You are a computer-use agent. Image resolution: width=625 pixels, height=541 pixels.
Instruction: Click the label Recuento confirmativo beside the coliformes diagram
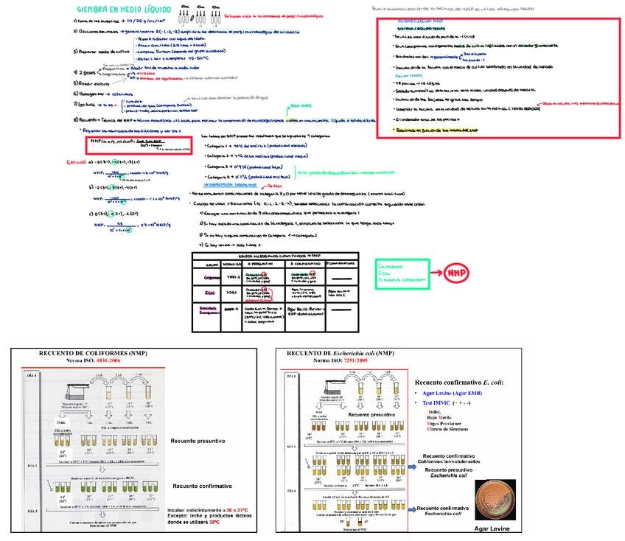coord(201,486)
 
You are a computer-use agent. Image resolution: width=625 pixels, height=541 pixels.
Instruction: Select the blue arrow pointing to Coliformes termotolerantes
coord(408,458)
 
